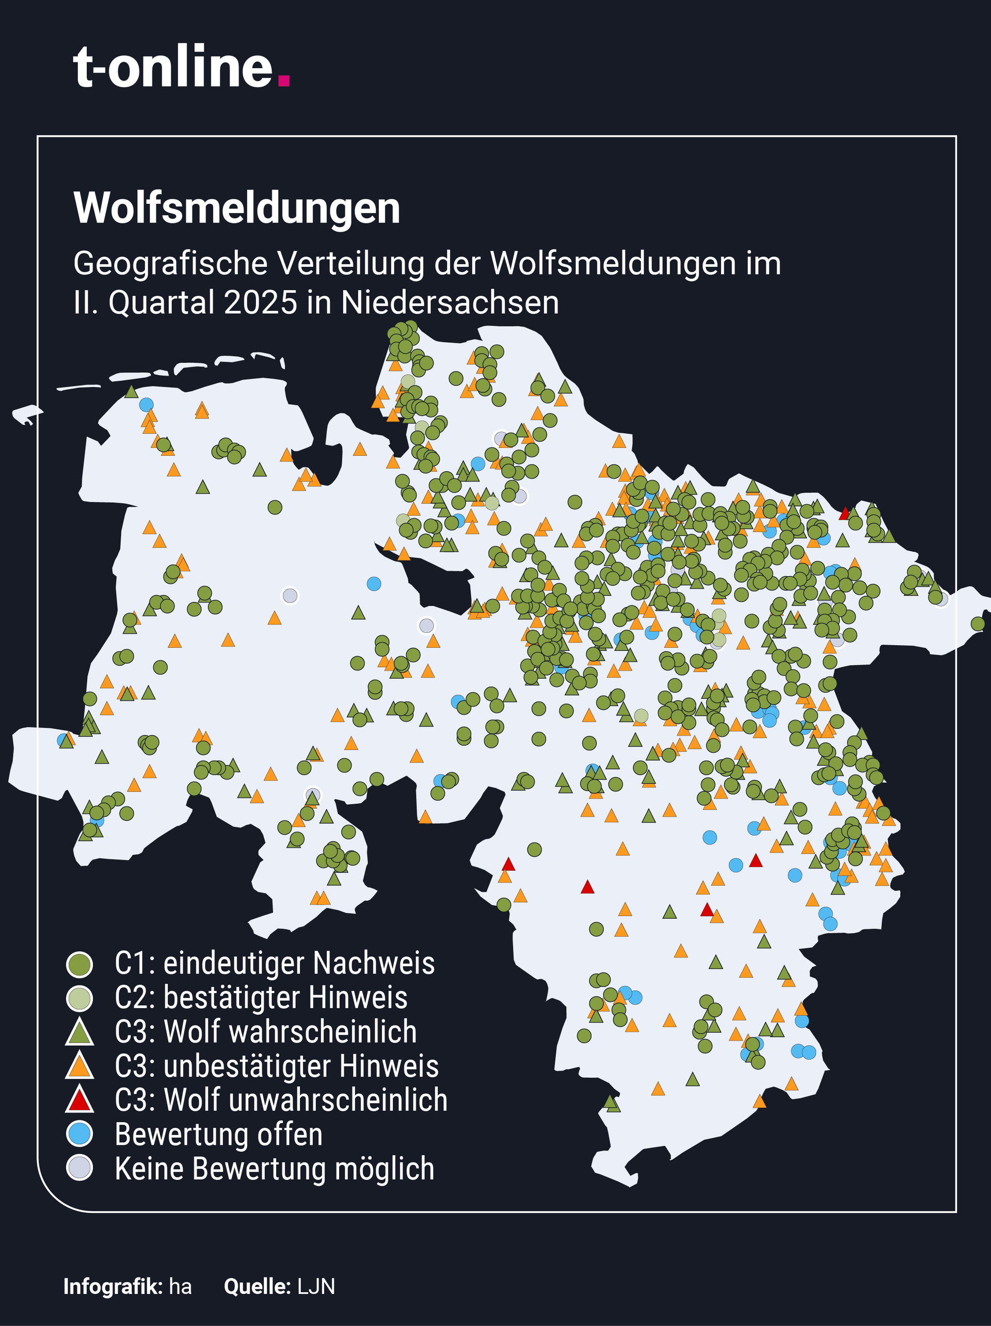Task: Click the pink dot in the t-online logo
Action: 285,81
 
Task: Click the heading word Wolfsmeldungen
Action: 237,209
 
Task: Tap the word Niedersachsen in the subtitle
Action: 450,303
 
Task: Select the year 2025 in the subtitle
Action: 261,303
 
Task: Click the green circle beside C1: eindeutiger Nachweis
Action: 79,965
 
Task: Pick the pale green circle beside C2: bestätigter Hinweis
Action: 79,999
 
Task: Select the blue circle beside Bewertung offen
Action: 79,1134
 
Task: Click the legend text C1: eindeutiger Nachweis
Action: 275,964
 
